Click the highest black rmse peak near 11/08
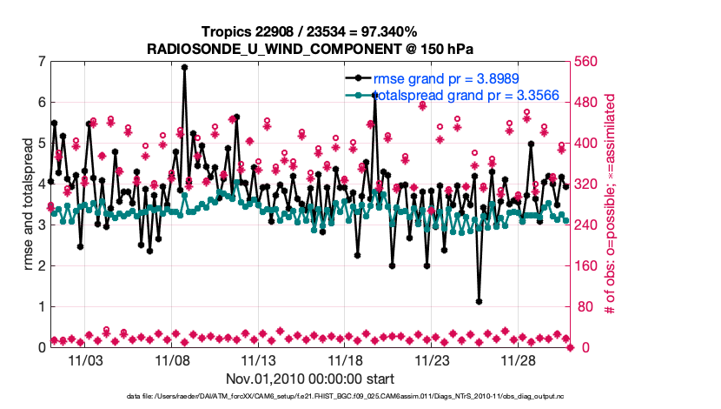click(x=184, y=67)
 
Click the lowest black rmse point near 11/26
click(x=480, y=301)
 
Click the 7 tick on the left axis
click(x=41, y=62)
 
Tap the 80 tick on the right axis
click(x=583, y=306)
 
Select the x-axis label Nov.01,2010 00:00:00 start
click(x=310, y=379)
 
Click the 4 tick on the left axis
click(x=41, y=184)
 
